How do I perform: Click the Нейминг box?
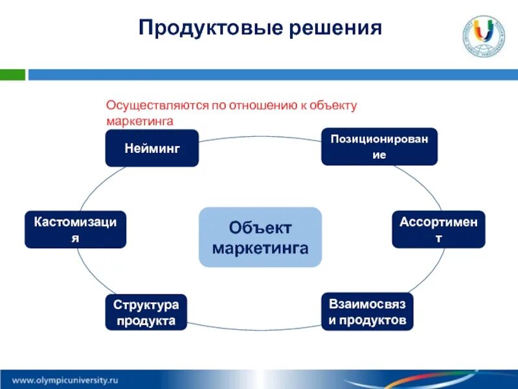tap(152, 148)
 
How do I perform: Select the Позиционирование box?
tap(379, 147)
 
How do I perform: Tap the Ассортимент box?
tap(438, 229)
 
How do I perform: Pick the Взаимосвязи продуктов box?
tap(367, 312)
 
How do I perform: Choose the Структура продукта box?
tap(146, 312)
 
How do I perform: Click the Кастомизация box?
tap(75, 229)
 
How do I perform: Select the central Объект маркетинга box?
tap(260, 237)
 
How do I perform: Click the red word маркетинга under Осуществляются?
tap(141, 120)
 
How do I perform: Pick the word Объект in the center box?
tap(260, 228)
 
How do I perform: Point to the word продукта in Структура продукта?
tap(146, 320)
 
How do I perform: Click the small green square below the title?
tap(12, 75)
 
